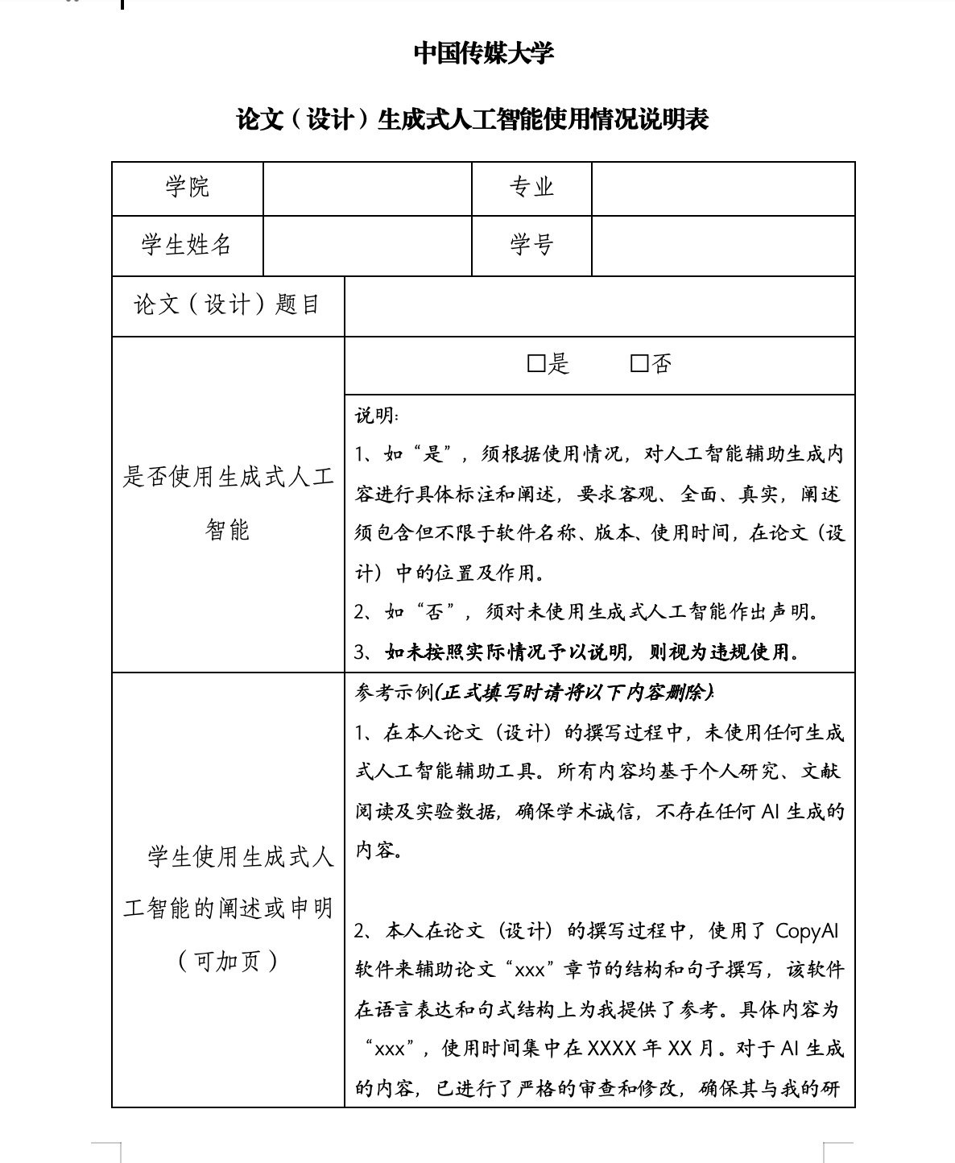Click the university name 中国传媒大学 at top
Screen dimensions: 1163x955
point(483,54)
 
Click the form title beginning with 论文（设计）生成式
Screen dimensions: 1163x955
point(473,120)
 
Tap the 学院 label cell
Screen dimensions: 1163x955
point(188,188)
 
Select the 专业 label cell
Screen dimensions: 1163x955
point(531,188)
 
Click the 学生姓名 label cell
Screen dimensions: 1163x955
point(188,245)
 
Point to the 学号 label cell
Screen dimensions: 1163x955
point(531,245)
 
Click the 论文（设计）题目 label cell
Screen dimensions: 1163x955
point(227,305)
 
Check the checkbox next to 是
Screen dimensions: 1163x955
point(536,365)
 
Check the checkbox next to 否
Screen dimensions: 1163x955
point(639,365)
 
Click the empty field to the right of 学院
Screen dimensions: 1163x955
point(367,188)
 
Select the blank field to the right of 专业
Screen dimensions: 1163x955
point(722,188)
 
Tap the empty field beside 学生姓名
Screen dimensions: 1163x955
point(367,246)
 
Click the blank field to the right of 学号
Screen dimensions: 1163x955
point(722,246)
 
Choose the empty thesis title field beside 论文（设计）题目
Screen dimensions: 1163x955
point(599,306)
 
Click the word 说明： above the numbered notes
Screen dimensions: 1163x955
point(377,416)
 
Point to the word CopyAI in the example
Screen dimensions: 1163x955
point(807,931)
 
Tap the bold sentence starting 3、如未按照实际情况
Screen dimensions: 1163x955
point(577,652)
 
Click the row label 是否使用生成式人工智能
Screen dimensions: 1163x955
point(228,503)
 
